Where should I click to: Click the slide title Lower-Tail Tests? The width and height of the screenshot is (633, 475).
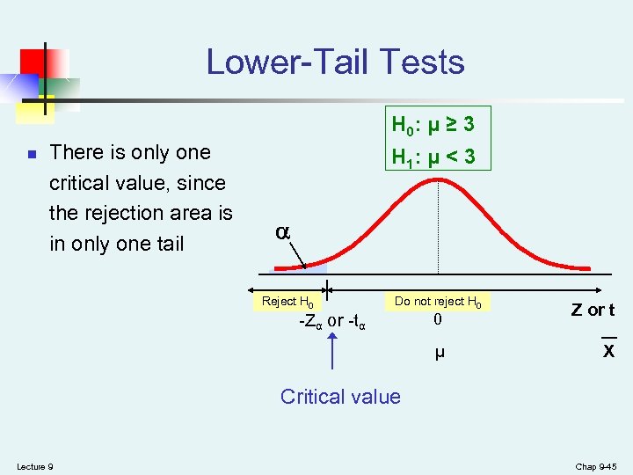(x=335, y=62)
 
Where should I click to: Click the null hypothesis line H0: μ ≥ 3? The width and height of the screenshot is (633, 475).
(x=433, y=126)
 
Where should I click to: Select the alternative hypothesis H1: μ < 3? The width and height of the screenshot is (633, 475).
(x=433, y=157)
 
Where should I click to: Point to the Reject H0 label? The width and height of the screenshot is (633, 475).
(x=288, y=302)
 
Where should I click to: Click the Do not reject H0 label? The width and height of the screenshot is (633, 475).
(x=438, y=302)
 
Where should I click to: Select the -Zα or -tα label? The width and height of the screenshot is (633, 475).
(x=331, y=321)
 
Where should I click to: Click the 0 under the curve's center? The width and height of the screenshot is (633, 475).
(x=438, y=321)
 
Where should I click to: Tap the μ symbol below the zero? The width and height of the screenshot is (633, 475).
(x=439, y=354)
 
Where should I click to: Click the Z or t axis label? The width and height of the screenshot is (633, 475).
(x=593, y=310)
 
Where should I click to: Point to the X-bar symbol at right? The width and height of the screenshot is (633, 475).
(x=608, y=350)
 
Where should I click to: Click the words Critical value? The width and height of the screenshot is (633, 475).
(x=340, y=397)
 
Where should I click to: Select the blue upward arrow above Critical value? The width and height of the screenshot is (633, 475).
(x=332, y=352)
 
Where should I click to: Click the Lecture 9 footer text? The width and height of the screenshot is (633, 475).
(x=34, y=466)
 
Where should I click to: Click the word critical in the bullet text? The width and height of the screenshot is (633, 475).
(x=84, y=183)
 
